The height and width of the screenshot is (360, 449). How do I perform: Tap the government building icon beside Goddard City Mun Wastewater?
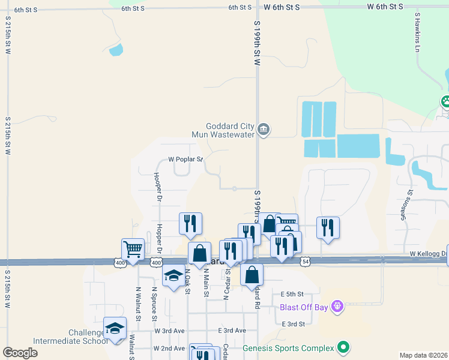[264, 130]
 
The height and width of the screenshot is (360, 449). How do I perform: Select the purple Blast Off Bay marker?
[337, 307]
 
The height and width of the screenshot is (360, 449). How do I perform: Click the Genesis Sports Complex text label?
[288, 348]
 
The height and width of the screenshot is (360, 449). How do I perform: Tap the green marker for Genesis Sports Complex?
[343, 347]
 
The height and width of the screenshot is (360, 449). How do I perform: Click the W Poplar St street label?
[185, 160]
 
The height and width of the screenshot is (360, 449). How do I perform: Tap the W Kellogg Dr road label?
[429, 254]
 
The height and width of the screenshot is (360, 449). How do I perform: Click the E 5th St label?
[293, 294]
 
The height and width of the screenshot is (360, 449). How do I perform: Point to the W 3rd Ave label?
[169, 331]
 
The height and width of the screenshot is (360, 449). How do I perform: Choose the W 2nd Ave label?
[169, 348]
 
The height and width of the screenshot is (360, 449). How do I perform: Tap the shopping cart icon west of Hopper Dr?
[133, 248]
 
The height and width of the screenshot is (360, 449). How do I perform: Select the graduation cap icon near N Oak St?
[174, 275]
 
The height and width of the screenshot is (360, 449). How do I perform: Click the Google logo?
[20, 353]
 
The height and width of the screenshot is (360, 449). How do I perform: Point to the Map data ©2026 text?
[423, 355]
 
